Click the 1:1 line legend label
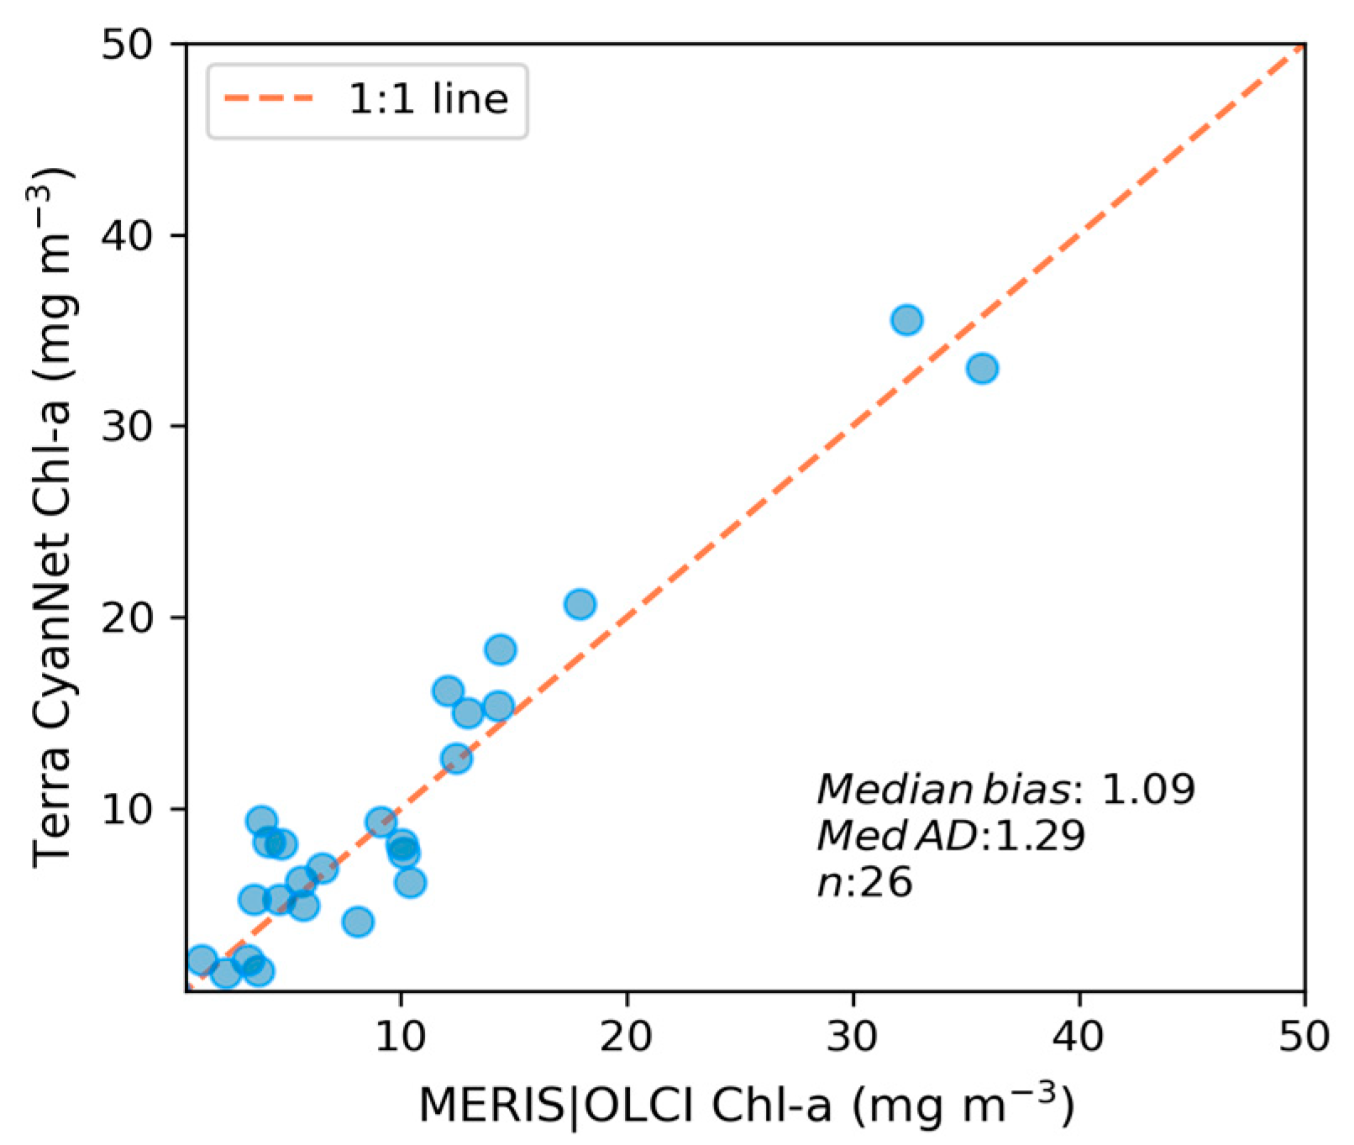pyautogui.click(x=428, y=100)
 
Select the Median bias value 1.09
pyautogui.click(x=1147, y=790)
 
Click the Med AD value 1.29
pyautogui.click(x=1038, y=836)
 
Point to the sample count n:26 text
pyautogui.click(x=865, y=883)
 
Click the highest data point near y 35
pyautogui.click(x=907, y=320)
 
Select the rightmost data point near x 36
pyautogui.click(x=982, y=368)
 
